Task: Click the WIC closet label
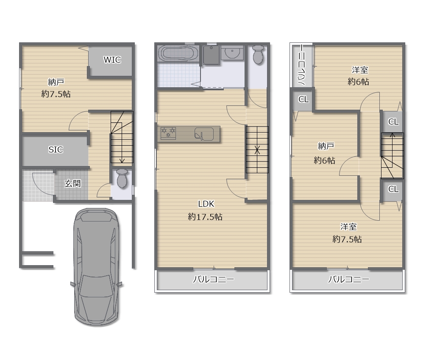[112, 60]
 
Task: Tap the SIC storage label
[56, 150]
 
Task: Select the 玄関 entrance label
[72, 183]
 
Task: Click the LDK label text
[206, 204]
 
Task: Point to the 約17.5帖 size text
[205, 217]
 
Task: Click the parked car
[97, 266]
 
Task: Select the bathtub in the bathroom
[178, 53]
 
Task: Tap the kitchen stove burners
[168, 133]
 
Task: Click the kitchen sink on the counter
[204, 134]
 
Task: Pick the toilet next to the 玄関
[122, 178]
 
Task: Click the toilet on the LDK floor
[258, 55]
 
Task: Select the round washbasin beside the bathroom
[232, 52]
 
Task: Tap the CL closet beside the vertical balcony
[303, 100]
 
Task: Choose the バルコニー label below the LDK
[213, 280]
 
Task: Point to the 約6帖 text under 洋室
[358, 81]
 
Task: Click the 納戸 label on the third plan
[326, 147]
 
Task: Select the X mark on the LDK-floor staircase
[257, 150]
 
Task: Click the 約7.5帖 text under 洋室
[347, 239]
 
